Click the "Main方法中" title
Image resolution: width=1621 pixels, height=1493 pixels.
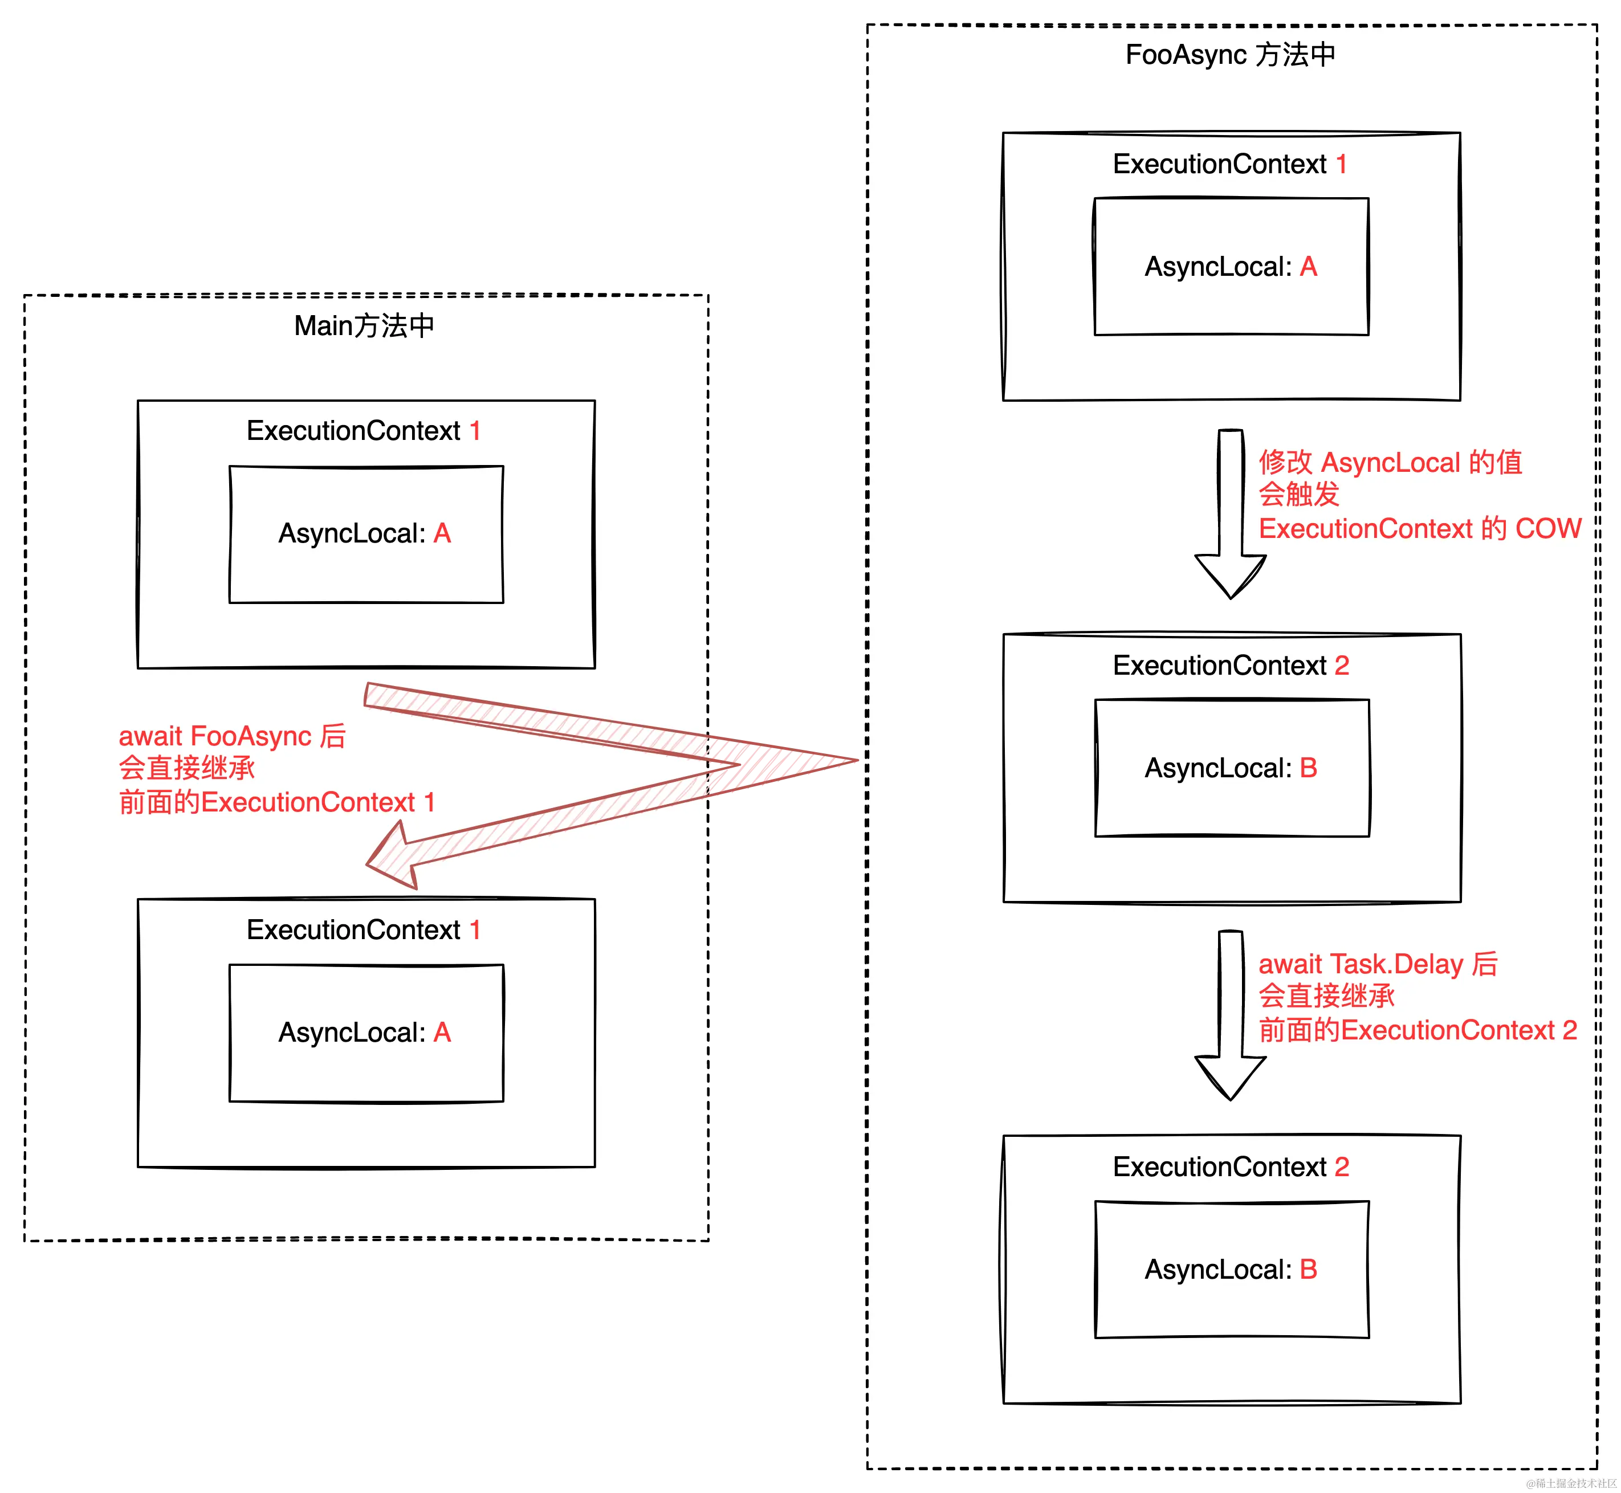(364, 325)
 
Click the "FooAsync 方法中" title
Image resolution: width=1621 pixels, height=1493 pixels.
(1230, 55)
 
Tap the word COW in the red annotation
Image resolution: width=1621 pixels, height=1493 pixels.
(1547, 528)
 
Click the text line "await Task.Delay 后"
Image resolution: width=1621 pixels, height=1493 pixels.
(1378, 964)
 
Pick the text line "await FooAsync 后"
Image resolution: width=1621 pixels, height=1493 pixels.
(232, 736)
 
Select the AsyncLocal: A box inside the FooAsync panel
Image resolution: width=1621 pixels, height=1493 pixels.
(1231, 267)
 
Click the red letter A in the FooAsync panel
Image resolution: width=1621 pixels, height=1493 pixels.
(1308, 267)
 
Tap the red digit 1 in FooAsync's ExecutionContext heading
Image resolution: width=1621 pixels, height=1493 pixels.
(1341, 164)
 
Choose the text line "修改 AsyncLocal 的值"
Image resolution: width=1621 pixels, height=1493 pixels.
(1390, 462)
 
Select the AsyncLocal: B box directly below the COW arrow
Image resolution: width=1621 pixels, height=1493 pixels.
(1232, 768)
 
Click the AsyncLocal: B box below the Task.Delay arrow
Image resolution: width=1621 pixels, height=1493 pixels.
(1232, 1269)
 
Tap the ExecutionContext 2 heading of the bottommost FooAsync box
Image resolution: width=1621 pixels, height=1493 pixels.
(1231, 1166)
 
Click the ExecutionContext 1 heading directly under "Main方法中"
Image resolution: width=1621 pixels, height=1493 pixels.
(364, 431)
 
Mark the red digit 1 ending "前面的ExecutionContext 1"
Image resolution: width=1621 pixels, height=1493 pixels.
(430, 802)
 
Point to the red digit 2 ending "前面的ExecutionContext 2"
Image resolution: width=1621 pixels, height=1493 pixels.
(1569, 1030)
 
